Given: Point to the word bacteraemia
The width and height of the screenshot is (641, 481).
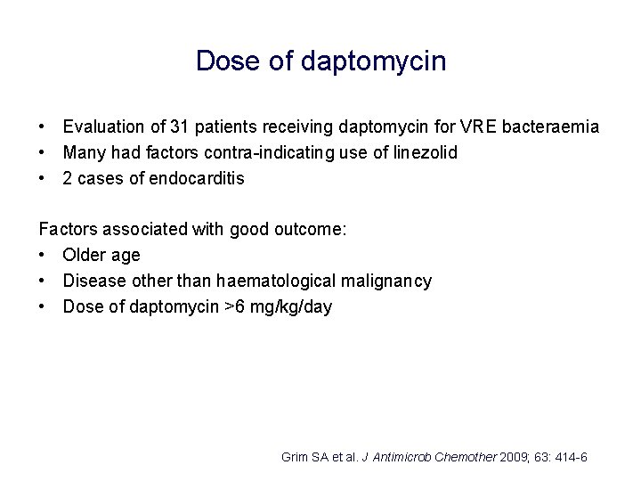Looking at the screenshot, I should [550, 127].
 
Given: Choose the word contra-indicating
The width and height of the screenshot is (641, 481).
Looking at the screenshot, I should [269, 152].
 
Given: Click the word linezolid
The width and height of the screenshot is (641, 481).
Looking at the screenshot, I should [424, 152].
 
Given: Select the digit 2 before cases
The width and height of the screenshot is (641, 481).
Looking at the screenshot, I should [69, 178].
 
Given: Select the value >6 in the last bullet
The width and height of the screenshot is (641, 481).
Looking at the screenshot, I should [234, 306].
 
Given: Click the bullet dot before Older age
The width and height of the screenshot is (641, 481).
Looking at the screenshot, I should [43, 256].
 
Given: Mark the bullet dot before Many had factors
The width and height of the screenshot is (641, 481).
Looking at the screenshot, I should [43, 153].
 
